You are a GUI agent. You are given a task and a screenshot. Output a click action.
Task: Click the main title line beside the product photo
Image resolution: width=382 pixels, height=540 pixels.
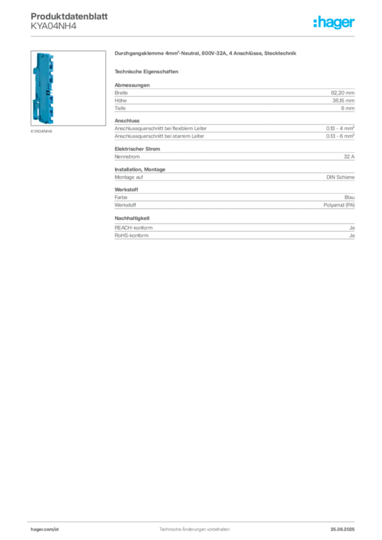pyautogui.click(x=207, y=54)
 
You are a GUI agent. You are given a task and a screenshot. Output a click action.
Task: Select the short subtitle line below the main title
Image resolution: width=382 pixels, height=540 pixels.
pyautogui.click(x=148, y=71)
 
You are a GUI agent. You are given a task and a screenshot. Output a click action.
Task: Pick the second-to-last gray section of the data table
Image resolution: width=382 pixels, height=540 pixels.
pyautogui.click(x=234, y=198)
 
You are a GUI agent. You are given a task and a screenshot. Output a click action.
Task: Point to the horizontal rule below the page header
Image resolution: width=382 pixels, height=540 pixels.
pyautogui.click(x=194, y=36)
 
